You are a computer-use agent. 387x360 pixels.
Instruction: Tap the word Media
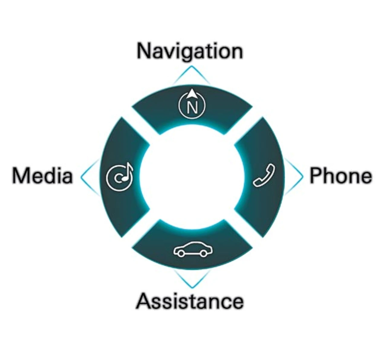42,175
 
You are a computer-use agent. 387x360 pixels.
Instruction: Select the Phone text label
341,175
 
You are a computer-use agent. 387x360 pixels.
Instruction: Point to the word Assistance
190,301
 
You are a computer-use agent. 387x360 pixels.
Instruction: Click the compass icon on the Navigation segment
192,105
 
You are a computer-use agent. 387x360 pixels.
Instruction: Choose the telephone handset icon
264,175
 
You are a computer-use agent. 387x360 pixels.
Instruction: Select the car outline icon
193,249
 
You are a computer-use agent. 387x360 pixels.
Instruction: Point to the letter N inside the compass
192,108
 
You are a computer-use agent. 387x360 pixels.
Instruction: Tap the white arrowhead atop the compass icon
191,93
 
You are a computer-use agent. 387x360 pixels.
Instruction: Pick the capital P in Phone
315,175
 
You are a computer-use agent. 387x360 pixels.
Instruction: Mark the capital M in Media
21,175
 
